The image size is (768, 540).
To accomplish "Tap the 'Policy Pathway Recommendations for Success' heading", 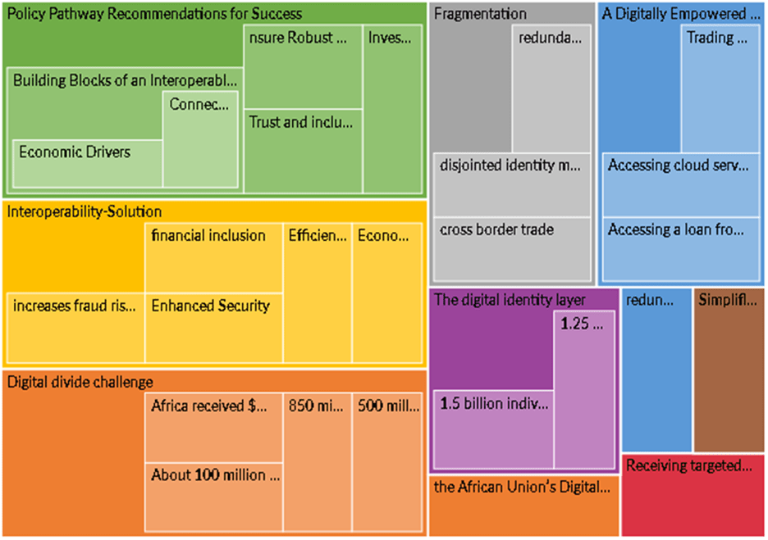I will pos(154,13).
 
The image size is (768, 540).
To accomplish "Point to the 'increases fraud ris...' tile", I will pos(75,326).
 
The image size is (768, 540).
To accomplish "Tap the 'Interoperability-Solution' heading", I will pos(85,211).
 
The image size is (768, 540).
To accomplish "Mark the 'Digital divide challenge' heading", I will pos(80,382).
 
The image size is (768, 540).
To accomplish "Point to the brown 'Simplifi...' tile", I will pos(729,369).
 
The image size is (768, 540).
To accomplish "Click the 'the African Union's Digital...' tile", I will pos(523,504).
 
